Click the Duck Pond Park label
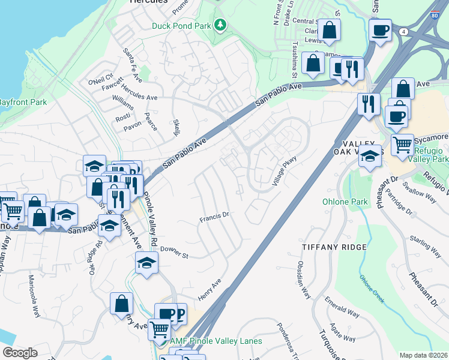(x=181, y=25)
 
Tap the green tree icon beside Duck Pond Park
(x=221, y=25)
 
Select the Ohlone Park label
(x=345, y=202)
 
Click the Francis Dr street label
(x=215, y=217)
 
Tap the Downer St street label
(x=174, y=252)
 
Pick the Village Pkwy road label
(x=285, y=170)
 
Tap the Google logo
(x=20, y=353)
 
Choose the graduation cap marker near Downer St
(x=146, y=263)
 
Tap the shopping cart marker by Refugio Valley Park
(x=402, y=144)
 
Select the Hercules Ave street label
(x=139, y=97)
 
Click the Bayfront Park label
(x=23, y=102)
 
